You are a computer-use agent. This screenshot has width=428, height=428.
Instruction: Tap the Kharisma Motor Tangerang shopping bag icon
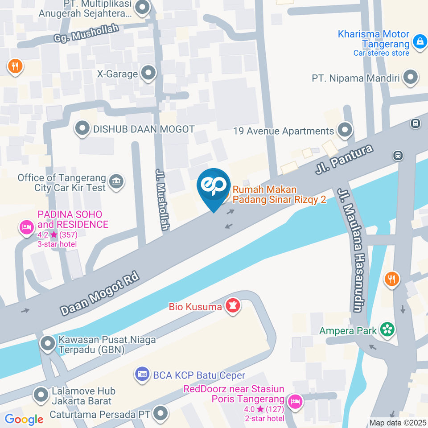click(x=419, y=42)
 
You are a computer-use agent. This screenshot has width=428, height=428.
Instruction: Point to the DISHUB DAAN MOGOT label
click(x=144, y=129)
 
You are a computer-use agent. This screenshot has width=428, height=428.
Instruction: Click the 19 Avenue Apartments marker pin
click(x=344, y=130)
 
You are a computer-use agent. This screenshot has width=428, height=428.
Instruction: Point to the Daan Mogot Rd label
click(x=100, y=293)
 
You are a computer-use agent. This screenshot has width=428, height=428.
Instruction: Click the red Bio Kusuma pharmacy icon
click(x=232, y=306)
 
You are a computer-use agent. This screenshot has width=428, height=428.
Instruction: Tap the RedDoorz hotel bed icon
click(x=294, y=402)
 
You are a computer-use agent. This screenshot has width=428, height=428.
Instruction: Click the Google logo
click(x=24, y=419)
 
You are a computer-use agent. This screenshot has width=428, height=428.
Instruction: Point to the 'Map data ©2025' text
click(x=398, y=423)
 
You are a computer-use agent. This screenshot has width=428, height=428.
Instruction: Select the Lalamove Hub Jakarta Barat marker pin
click(x=41, y=395)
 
